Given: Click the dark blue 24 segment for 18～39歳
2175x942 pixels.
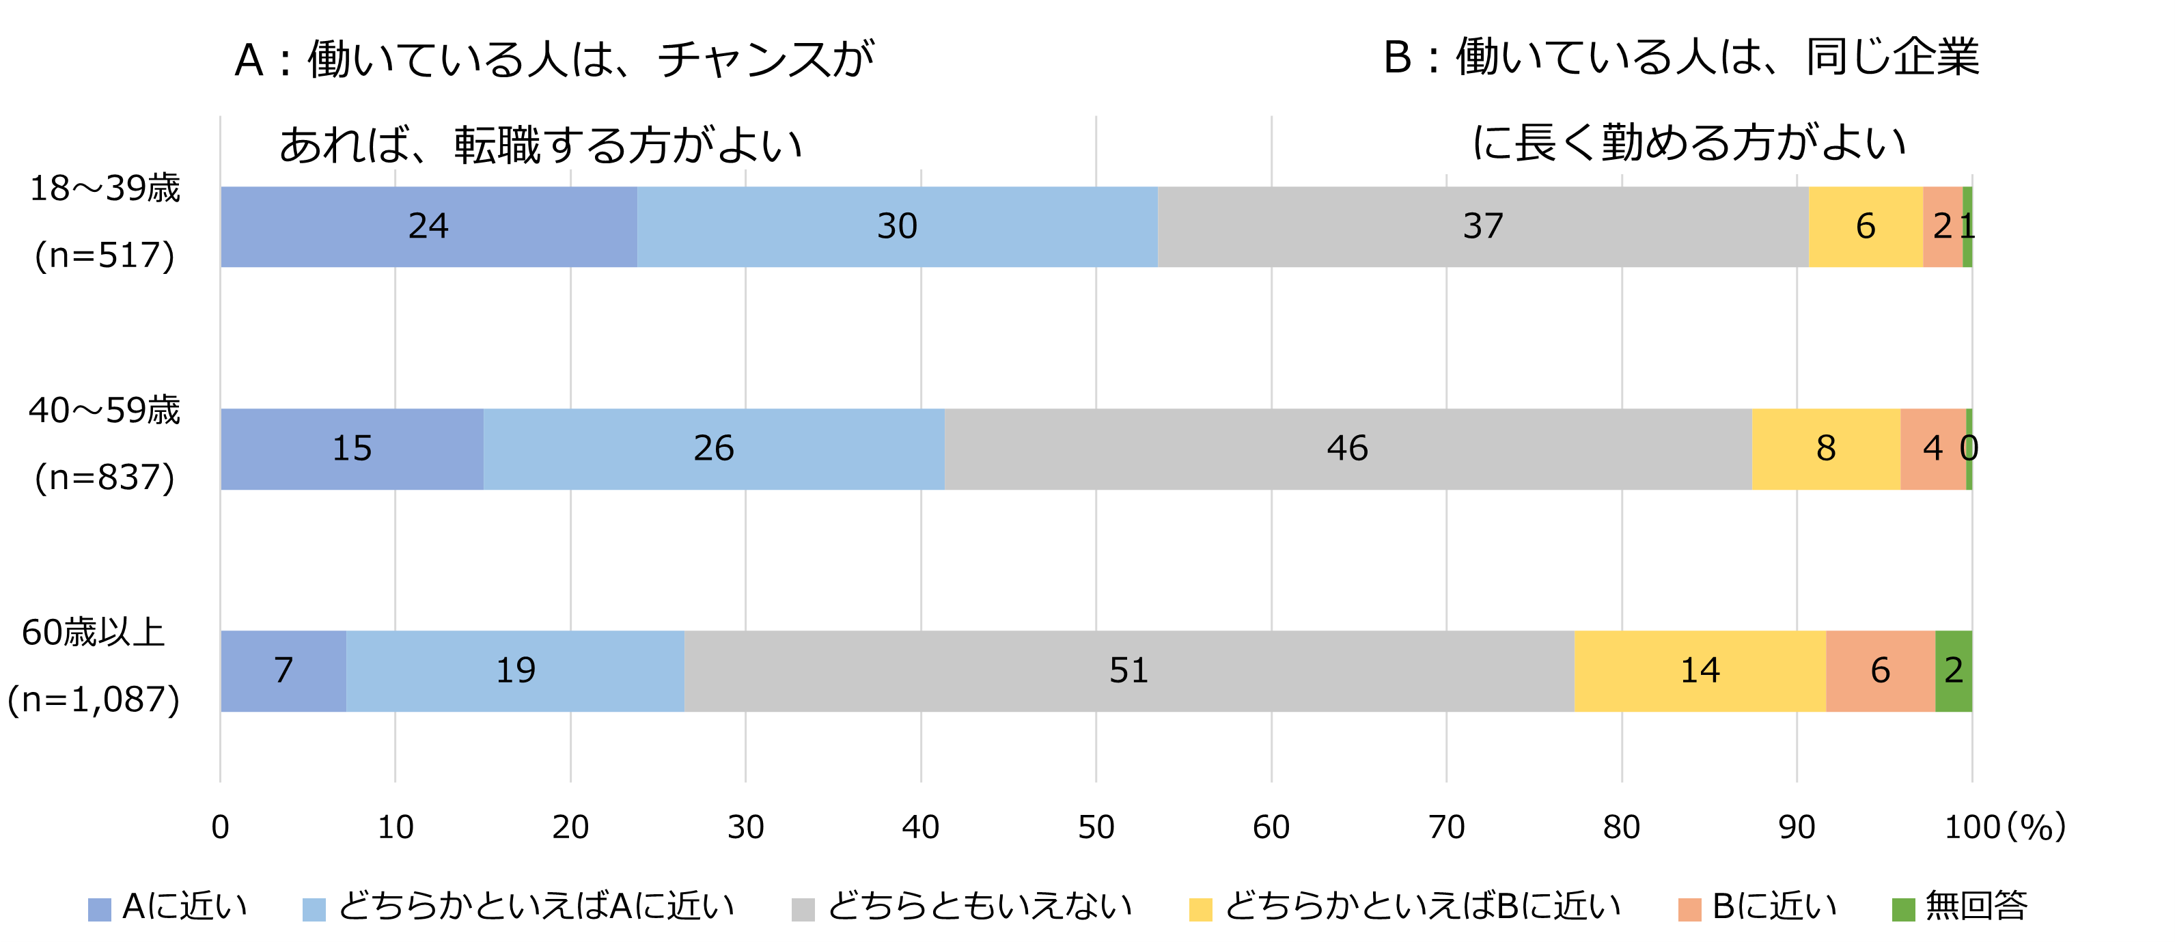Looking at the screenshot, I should point(428,226).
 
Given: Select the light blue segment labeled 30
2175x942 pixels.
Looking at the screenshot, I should point(897,226).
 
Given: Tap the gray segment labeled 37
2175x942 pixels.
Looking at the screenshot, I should point(1482,226).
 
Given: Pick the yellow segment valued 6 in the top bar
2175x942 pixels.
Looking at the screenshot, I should point(1865,226).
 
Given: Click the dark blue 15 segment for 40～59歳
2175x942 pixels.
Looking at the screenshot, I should point(351,448).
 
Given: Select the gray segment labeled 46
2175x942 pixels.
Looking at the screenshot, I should point(1348,448).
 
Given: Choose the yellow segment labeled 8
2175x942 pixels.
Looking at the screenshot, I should point(1825,448).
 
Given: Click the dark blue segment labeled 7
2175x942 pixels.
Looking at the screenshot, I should point(283,671).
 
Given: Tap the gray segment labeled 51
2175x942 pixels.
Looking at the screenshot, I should point(1129,671).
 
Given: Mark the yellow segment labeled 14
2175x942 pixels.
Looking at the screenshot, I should point(1700,671).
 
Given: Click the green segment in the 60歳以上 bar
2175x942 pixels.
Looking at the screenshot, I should point(1953,671).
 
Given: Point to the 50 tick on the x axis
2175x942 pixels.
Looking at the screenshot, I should point(1096,827).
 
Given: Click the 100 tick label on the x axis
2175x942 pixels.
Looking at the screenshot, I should point(1971,827).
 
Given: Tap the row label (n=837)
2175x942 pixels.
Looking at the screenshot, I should point(105,477).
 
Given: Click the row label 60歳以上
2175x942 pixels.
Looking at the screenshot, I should point(93,633).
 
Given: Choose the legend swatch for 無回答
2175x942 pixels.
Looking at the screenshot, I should point(1903,909).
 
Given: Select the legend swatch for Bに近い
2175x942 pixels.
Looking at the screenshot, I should point(1689,909).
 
